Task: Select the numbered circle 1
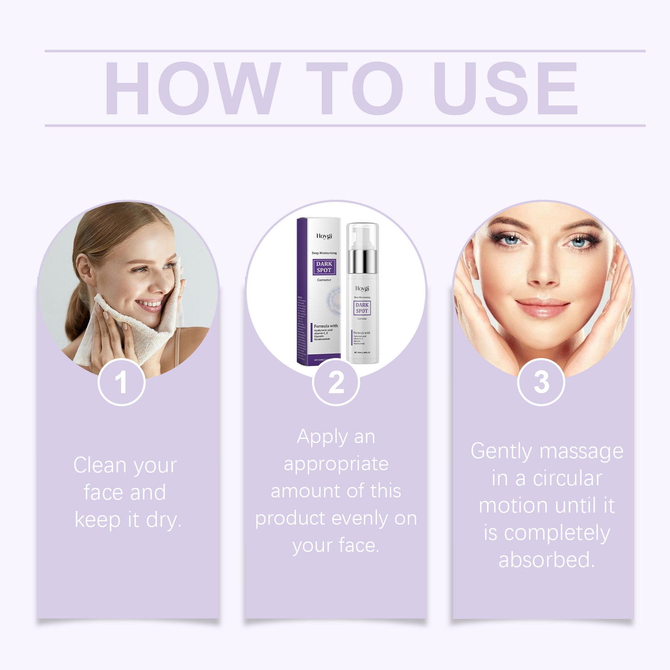(x=121, y=383)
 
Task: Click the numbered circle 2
(x=336, y=383)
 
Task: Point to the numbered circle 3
(x=541, y=383)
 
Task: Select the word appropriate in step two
(x=336, y=464)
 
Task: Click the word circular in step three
(x=568, y=479)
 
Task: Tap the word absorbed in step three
(x=546, y=560)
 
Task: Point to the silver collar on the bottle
(x=362, y=262)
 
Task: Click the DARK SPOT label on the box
(x=324, y=267)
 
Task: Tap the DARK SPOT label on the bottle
(x=362, y=308)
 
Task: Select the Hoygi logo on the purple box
(x=324, y=236)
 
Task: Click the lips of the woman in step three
(x=542, y=307)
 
